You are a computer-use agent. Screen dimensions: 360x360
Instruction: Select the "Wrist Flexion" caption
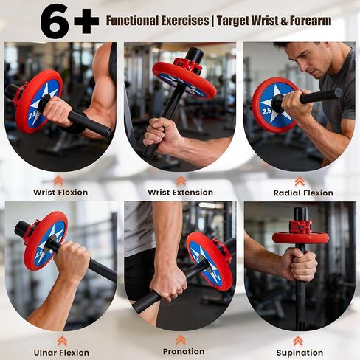coord(60,193)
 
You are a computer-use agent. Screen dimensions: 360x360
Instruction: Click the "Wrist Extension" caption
coord(180,193)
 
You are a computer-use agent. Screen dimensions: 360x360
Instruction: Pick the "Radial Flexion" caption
coord(303,193)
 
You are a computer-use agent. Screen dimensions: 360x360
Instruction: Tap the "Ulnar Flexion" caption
coord(61,353)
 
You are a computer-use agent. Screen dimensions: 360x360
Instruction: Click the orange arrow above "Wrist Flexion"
coord(59,180)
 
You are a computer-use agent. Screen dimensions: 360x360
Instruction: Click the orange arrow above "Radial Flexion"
coord(300,181)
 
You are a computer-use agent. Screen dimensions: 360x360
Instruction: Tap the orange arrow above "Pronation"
coord(180,340)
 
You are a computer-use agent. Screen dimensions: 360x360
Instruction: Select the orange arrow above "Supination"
coord(298,340)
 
